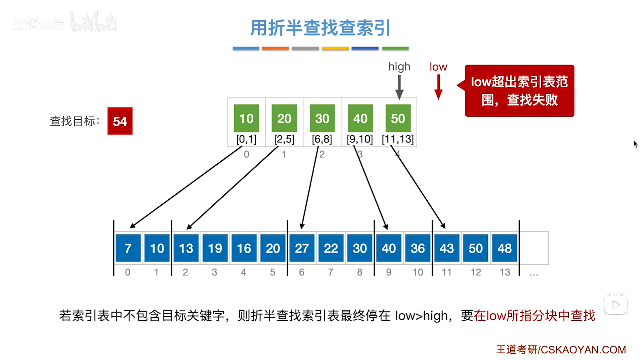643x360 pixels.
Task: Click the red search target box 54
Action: tap(120, 121)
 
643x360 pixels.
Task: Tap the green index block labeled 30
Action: tap(322, 118)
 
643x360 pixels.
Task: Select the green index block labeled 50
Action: tap(398, 118)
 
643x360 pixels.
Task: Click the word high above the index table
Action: tap(399, 67)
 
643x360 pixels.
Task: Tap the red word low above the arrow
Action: tap(438, 67)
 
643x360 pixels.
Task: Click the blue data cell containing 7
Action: tap(128, 248)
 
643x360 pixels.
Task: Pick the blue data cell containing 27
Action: tap(301, 248)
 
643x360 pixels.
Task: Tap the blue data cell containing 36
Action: tap(417, 248)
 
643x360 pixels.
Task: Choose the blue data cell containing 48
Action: tap(504, 248)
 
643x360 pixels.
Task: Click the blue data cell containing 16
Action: tap(244, 248)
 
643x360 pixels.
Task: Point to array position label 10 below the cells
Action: tap(418, 272)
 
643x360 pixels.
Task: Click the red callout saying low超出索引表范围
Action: tap(519, 90)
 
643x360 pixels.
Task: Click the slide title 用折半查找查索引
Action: tap(320, 28)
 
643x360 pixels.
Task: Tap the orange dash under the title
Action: tap(275, 48)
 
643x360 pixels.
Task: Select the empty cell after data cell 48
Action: tap(533, 248)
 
